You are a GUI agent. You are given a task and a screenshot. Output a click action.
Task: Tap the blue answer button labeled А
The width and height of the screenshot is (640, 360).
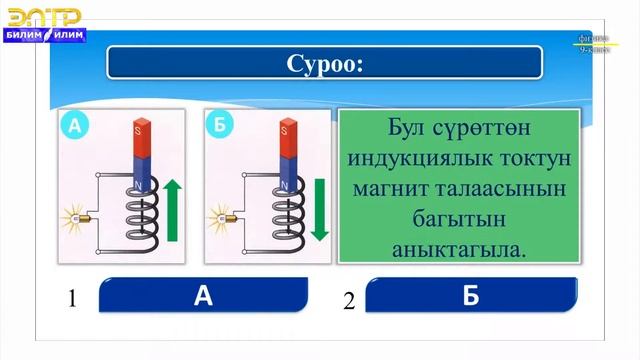pyautogui.click(x=205, y=296)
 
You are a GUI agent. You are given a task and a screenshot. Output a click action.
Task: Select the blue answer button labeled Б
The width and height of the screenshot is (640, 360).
pyautogui.click(x=471, y=296)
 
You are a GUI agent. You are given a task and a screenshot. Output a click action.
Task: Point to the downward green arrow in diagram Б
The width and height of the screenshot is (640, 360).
pyautogui.click(x=319, y=209)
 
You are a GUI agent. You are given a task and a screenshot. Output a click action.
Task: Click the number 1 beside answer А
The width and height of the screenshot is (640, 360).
pyautogui.click(x=72, y=299)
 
